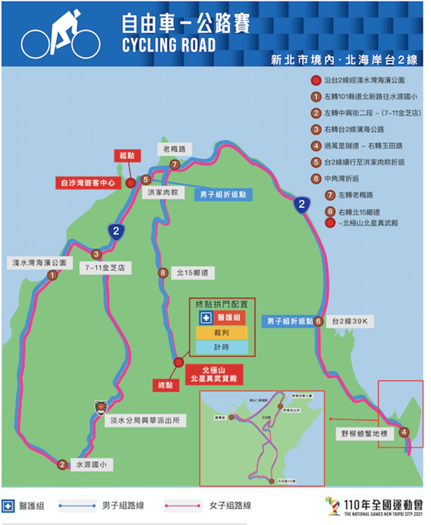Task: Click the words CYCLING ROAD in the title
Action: coord(169,45)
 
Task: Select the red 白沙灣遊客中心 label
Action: coord(88,183)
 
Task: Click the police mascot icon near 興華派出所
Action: coord(100,405)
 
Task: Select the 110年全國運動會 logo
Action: coord(374,505)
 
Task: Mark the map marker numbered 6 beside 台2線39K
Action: coord(318,322)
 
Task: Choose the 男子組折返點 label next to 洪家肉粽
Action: coord(223,195)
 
